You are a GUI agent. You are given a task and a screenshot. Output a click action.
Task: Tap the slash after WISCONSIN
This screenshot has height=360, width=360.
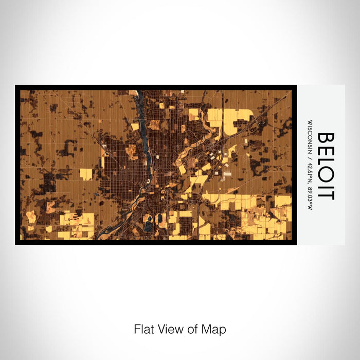tap(310, 155)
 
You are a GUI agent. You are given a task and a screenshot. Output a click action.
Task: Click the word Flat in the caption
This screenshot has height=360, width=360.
tap(143, 329)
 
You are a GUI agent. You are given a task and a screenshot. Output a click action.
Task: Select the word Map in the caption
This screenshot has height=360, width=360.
tap(213, 329)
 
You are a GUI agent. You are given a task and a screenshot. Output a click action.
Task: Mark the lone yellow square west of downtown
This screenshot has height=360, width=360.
tap(86, 174)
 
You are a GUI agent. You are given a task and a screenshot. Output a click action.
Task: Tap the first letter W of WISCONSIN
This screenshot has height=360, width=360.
tap(310, 122)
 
